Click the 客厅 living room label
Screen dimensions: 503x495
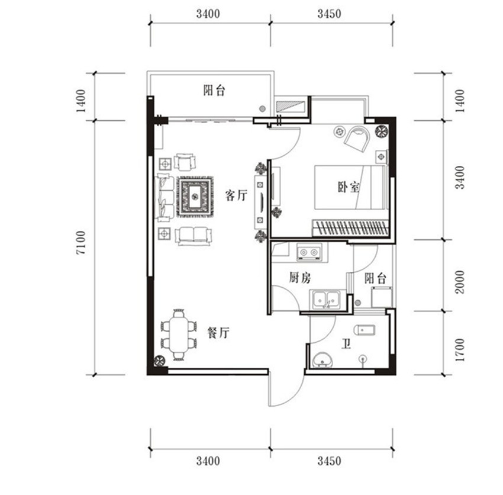236,195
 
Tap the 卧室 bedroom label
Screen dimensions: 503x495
349,187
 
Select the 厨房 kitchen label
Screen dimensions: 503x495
300,278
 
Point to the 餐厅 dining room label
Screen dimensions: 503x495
218,333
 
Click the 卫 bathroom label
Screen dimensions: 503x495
346,345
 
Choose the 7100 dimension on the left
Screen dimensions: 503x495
81,243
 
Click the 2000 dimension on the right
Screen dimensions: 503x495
460,282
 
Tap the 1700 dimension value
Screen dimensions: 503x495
460,350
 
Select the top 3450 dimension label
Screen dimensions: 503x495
329,14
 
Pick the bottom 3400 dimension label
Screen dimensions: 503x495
208,461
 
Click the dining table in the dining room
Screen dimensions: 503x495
179,335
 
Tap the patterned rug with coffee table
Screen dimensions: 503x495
195,197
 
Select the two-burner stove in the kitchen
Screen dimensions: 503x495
309,252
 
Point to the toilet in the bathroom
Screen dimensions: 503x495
365,330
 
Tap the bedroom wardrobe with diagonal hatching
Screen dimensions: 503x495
350,228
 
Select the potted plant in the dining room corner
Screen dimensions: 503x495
159,361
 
